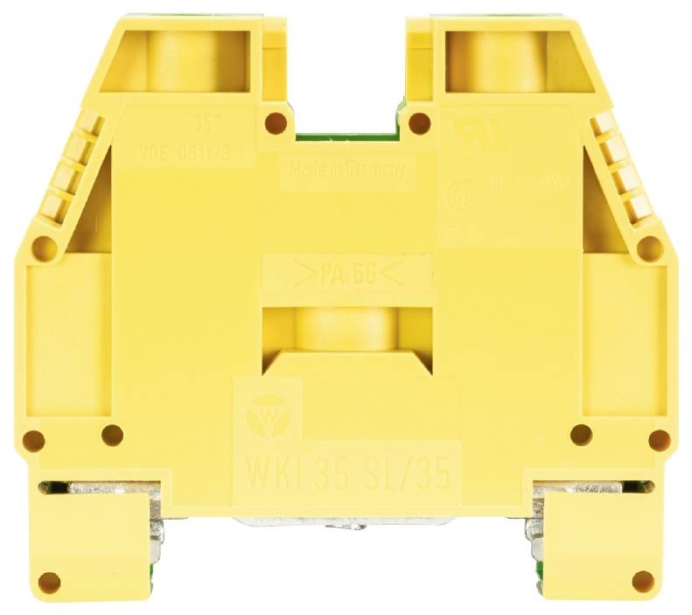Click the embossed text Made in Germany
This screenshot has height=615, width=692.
[x=346, y=171]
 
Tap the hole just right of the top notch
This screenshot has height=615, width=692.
[x=420, y=122]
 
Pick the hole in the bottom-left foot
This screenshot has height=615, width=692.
[x=50, y=580]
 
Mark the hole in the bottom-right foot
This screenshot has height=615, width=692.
[x=642, y=580]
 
